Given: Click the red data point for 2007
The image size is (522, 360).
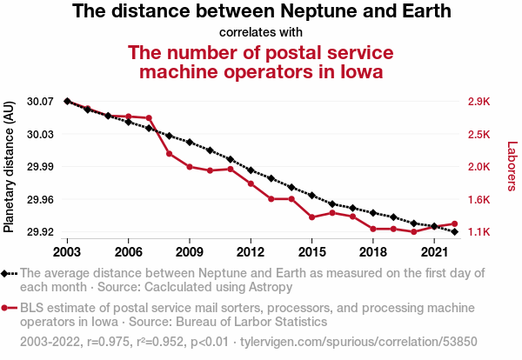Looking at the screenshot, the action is pyautogui.click(x=149, y=117).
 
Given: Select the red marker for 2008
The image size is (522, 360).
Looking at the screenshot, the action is pyautogui.click(x=169, y=154).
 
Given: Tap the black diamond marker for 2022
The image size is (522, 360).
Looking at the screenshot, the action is pyautogui.click(x=455, y=231).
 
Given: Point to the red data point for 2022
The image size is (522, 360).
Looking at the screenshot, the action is pyautogui.click(x=455, y=224).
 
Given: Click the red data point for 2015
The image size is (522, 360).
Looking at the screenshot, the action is pyautogui.click(x=312, y=217).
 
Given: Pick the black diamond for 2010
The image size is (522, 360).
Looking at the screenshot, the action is pyautogui.click(x=210, y=150).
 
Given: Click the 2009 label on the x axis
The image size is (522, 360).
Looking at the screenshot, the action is pyautogui.click(x=190, y=252).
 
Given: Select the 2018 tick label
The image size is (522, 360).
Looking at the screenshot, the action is pyautogui.click(x=373, y=252).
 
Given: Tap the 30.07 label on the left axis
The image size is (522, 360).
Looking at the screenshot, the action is pyautogui.click(x=40, y=101).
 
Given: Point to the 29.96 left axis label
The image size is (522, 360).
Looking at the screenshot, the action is pyautogui.click(x=40, y=200).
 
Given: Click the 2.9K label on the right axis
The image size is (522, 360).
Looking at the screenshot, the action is pyautogui.click(x=479, y=101).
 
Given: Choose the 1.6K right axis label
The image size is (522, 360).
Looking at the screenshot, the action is pyautogui.click(x=479, y=200).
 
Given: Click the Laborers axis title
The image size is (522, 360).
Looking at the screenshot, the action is pyautogui.click(x=512, y=166).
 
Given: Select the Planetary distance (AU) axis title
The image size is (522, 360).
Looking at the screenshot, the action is pyautogui.click(x=9, y=167).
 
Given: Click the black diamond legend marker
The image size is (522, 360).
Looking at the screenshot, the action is pyautogui.click(x=4, y=274).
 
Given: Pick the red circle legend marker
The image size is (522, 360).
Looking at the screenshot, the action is pyautogui.click(x=4, y=308).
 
